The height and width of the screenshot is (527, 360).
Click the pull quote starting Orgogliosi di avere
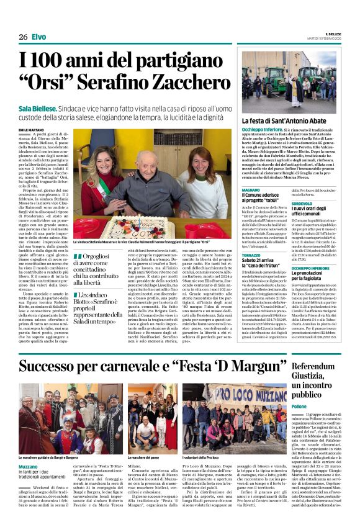tap(90, 269)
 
